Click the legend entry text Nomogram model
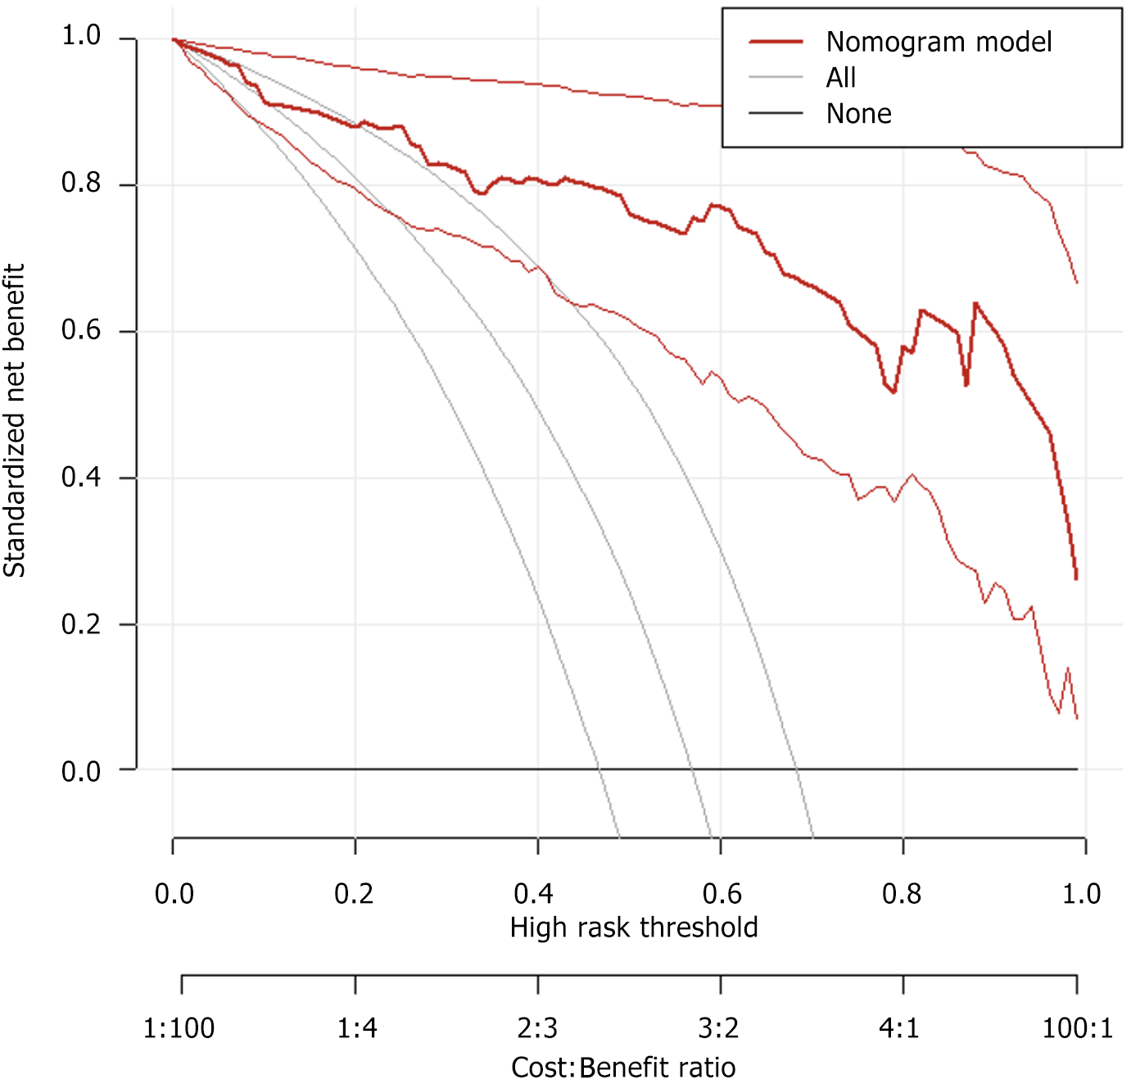[939, 42]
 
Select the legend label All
[841, 78]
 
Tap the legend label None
[858, 114]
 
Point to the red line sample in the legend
[776, 42]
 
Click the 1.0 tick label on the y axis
[81, 35]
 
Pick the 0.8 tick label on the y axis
[81, 183]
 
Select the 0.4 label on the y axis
[81, 477]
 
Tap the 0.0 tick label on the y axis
[81, 771]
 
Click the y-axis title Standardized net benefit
[15, 420]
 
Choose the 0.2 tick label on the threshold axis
[354, 893]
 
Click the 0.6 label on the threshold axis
[722, 893]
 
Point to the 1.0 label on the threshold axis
[1081, 893]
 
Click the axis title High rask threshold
[634, 928]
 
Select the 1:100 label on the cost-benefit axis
[179, 1027]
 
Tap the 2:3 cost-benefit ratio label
[537, 1027]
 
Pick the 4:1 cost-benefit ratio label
[900, 1027]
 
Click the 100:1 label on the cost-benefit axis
[1077, 1027]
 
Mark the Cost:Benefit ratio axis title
[623, 1068]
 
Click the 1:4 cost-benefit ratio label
[357, 1027]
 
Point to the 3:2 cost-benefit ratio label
[718, 1027]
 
